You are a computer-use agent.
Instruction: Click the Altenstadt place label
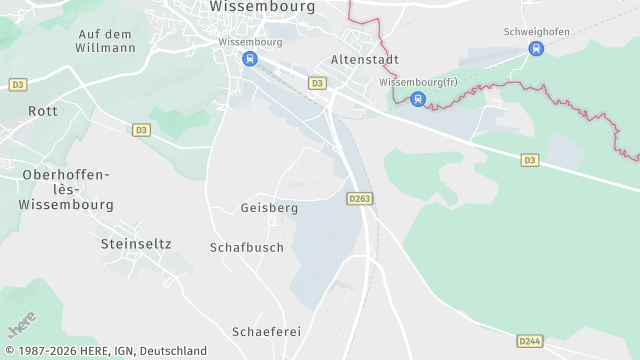[x=364, y=59]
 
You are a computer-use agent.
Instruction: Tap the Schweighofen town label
[x=537, y=32]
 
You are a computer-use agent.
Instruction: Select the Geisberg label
[x=269, y=208]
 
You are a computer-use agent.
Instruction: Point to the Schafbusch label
[x=247, y=247]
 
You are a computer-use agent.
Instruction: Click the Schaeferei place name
[x=266, y=331]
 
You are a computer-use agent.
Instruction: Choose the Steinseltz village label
[x=136, y=243]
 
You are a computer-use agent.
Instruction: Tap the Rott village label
[x=43, y=111]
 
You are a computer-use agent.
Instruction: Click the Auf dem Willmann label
[x=106, y=40]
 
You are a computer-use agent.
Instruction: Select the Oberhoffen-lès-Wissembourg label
[x=66, y=188]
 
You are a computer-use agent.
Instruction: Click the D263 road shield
[x=360, y=199]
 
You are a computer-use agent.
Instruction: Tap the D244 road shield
[x=531, y=341]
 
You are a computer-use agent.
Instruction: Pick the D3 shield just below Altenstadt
[x=317, y=83]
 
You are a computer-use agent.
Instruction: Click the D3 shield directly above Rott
[x=18, y=85]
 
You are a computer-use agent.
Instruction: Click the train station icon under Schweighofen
[x=536, y=48]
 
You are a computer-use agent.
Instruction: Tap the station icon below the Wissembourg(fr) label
[x=418, y=98]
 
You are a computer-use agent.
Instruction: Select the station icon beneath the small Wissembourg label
[x=249, y=59]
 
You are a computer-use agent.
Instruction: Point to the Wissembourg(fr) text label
[x=418, y=82]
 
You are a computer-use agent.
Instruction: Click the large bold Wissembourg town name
[x=263, y=6]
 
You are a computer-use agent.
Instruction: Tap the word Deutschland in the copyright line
[x=173, y=351]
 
